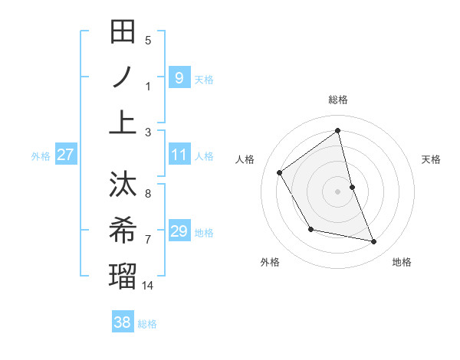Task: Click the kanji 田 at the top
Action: point(123,32)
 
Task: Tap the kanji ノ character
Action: point(123,77)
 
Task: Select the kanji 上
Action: point(123,122)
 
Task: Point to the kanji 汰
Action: point(123,185)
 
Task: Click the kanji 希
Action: point(123,230)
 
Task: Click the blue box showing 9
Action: point(179,77)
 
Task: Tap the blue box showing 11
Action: point(179,155)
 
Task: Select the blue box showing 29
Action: point(179,231)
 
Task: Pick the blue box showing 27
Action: point(65,155)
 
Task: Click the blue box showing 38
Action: point(123,322)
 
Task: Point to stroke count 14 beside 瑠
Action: point(149,285)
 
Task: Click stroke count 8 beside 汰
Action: point(148,194)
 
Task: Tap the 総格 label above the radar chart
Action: point(338,100)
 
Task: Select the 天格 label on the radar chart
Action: point(432,159)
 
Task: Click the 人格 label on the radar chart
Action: point(245,159)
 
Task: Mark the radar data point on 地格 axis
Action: point(374,242)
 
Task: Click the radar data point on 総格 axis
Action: point(338,130)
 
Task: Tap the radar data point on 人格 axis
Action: point(280,172)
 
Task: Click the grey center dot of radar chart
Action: point(338,191)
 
